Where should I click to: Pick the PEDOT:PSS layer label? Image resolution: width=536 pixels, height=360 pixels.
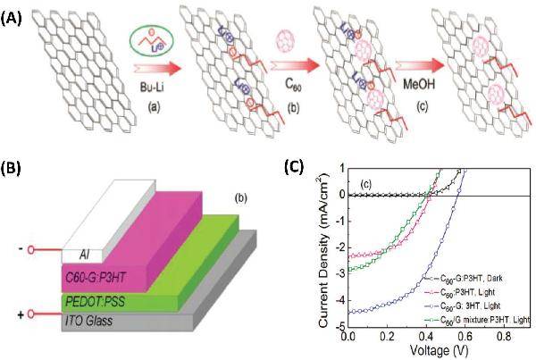point(94,301)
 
